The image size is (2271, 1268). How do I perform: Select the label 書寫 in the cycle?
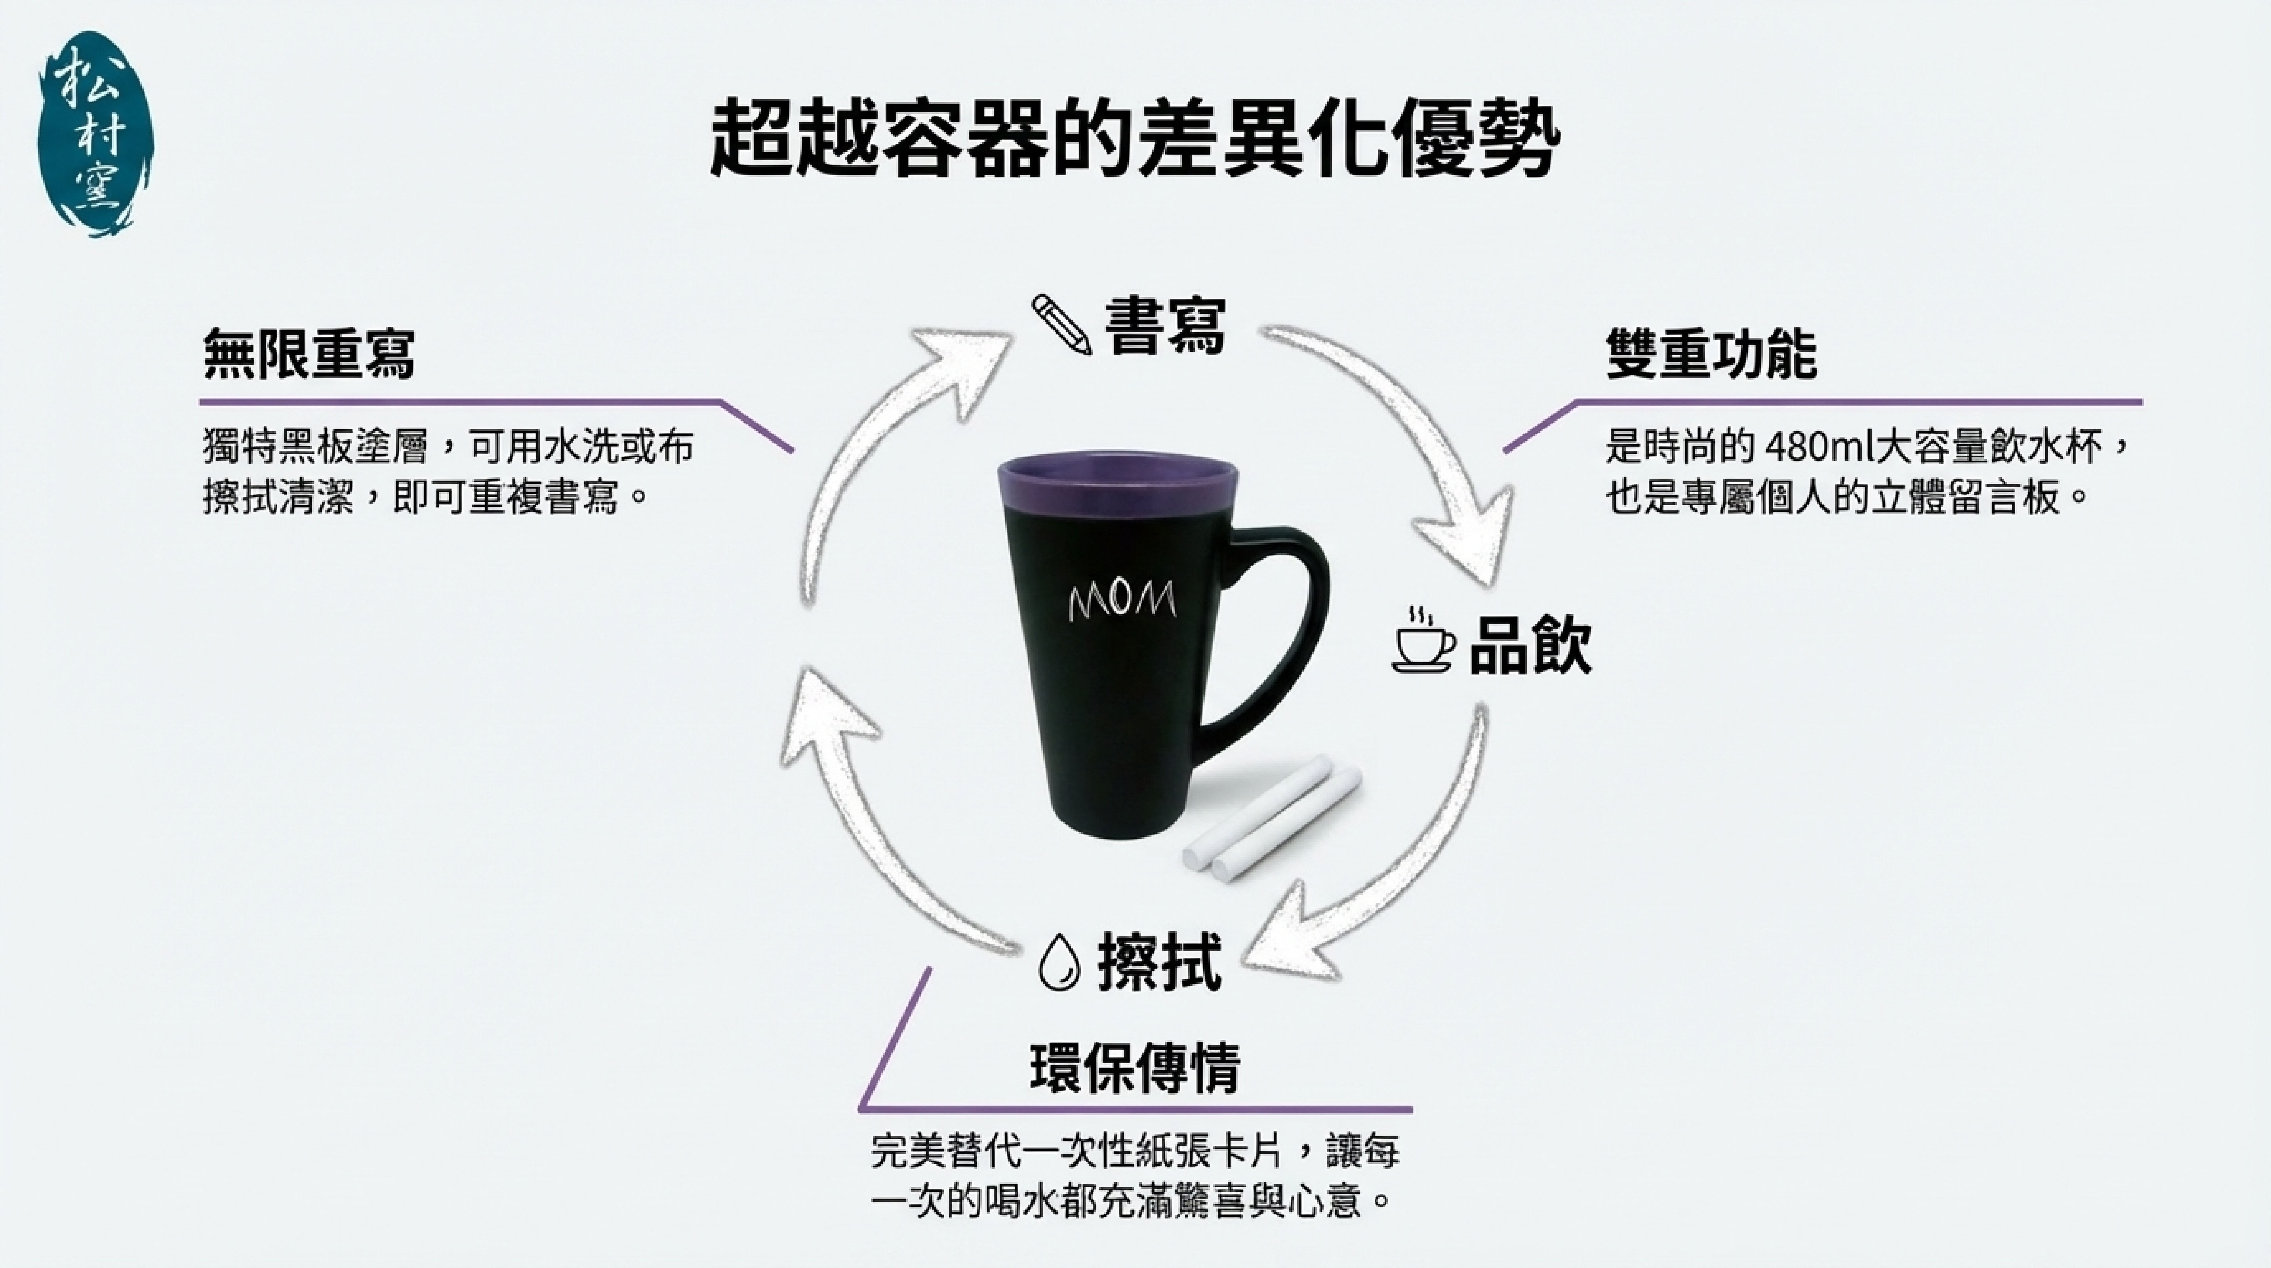tap(1166, 326)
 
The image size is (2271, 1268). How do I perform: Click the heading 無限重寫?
tap(309, 355)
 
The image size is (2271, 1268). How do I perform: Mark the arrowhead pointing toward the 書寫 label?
tap(956, 357)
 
